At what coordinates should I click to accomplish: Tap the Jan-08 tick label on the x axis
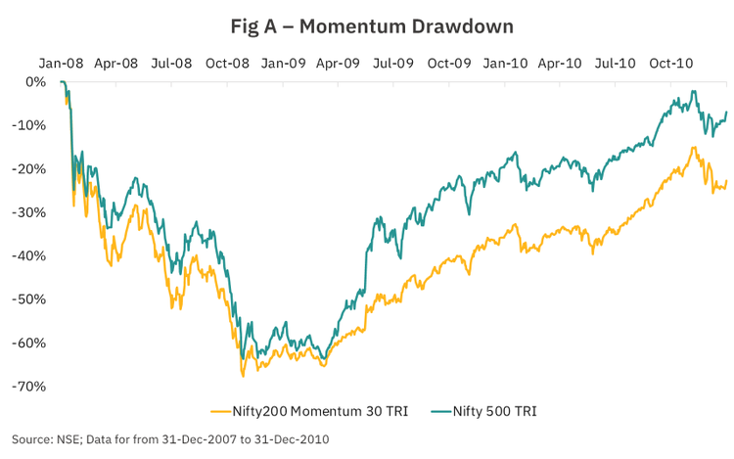click(x=61, y=63)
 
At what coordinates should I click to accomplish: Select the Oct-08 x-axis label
click(x=228, y=63)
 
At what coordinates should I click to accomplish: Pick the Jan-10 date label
click(x=506, y=63)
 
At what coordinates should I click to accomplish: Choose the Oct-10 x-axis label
click(x=672, y=63)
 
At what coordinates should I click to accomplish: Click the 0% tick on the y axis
click(x=35, y=81)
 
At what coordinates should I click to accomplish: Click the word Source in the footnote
click(x=33, y=439)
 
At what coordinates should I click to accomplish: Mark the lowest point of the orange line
click(x=243, y=376)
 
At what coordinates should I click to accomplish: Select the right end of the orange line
click(x=727, y=180)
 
